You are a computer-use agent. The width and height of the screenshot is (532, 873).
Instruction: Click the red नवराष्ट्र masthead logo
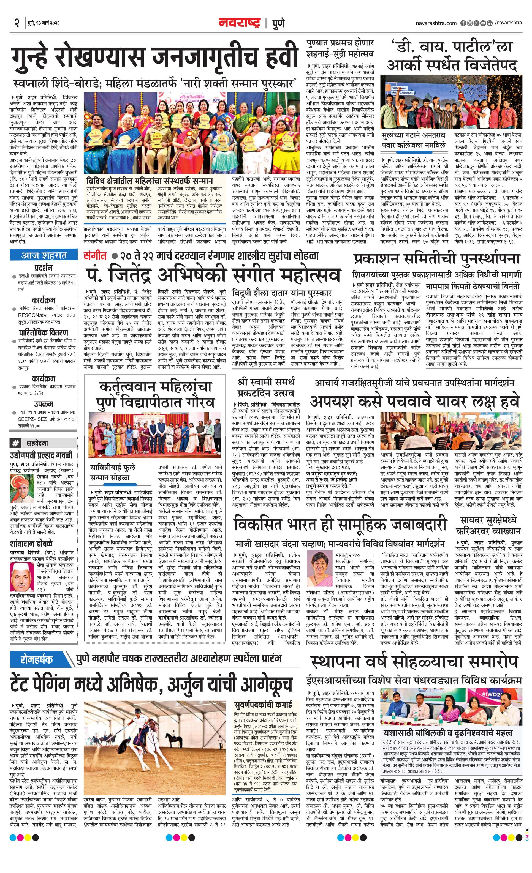239,23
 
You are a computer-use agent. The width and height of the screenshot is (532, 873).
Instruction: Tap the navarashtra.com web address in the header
436,23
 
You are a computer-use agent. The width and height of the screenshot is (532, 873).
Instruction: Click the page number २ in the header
16,23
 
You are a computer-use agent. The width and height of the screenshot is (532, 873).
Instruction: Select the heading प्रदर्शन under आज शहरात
44,268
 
